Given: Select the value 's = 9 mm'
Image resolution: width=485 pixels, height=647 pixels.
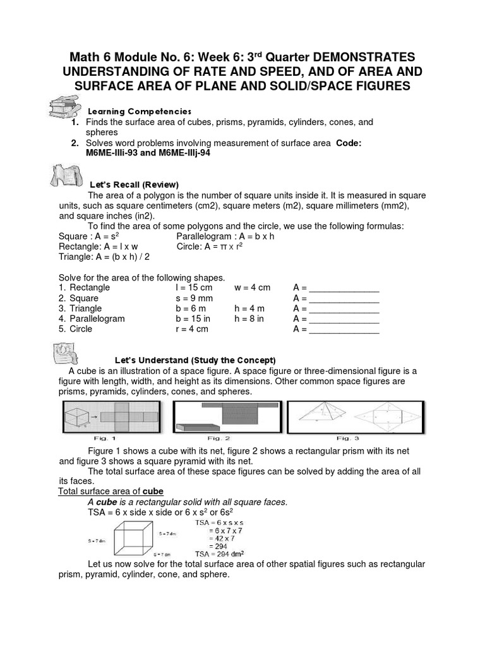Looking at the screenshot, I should [194, 298].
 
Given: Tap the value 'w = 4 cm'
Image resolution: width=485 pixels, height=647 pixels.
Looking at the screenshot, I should [252, 287].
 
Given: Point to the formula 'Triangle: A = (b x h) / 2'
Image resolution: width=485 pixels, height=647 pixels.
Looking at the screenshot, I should [104, 257].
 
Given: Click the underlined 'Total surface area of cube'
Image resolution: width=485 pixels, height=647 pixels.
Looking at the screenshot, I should [111, 491].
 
